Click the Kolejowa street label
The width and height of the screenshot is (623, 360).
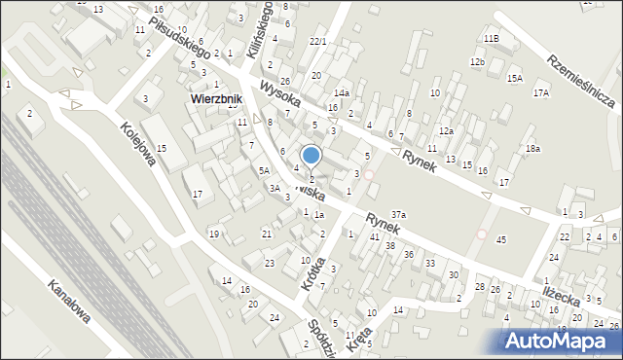tap(137, 144)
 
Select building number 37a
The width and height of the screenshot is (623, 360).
tap(398, 214)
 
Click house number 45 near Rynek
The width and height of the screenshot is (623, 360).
tap(501, 239)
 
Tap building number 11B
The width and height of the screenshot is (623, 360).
tap(491, 38)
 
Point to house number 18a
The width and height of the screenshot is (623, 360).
tap(531, 148)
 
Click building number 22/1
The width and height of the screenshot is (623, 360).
tap(317, 41)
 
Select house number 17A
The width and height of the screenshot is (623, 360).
tap(541, 92)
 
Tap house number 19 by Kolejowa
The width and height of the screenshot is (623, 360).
tap(213, 233)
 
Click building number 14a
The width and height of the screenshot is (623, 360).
tap(342, 92)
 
